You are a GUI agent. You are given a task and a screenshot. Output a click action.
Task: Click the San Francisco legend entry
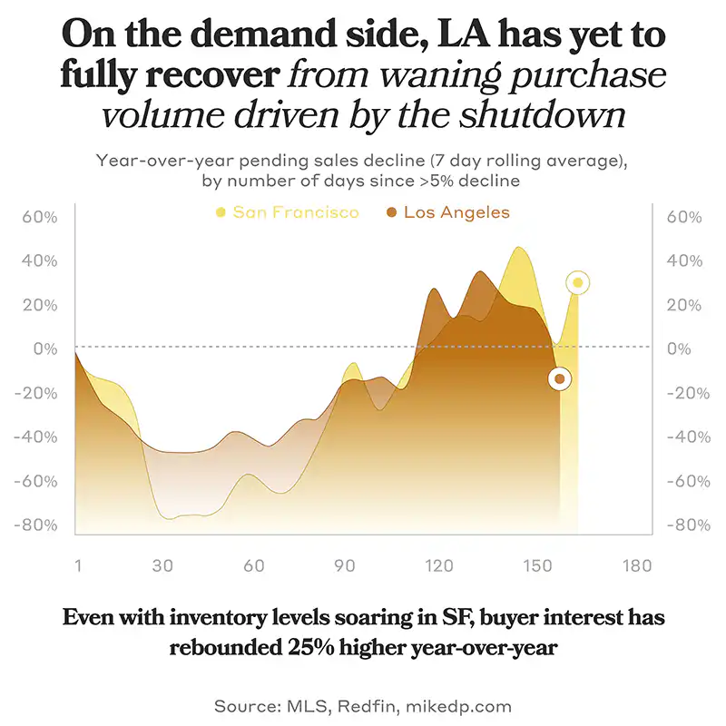point(287,212)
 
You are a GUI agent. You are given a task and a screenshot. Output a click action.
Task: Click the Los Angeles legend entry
point(446,212)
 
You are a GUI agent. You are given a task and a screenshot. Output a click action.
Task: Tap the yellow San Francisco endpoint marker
point(577,283)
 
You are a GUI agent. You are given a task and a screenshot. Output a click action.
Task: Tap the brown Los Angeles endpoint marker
point(560,378)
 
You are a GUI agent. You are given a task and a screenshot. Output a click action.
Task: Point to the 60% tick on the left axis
point(39,218)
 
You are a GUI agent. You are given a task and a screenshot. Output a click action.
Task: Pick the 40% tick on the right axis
point(684,261)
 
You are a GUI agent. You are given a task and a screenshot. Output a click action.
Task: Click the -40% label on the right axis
point(687,437)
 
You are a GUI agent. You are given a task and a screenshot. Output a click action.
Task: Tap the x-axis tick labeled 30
point(162,565)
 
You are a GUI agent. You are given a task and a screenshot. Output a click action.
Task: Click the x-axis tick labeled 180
point(637,565)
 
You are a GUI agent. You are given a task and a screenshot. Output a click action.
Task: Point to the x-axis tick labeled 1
point(78,565)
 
